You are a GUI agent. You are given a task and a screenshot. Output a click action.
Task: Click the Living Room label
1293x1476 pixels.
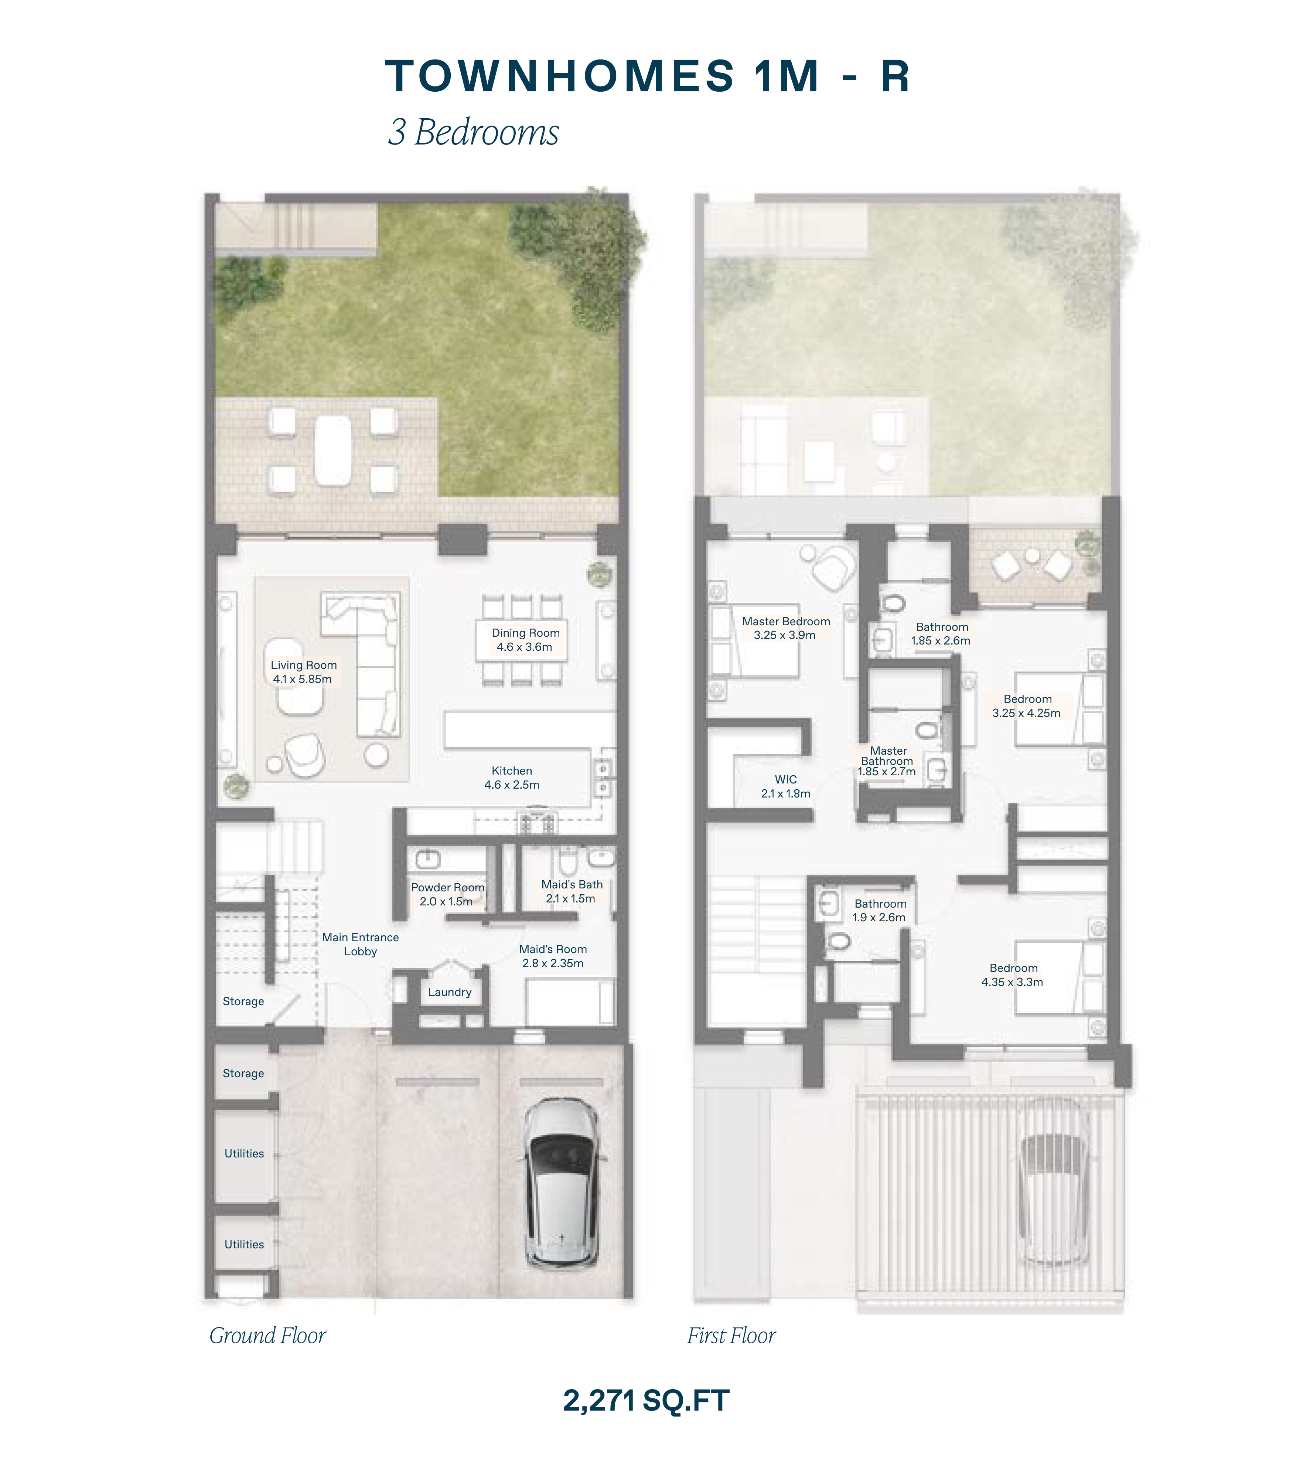tap(304, 665)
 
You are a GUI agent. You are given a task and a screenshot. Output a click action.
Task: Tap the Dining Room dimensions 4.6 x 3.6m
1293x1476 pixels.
tap(525, 647)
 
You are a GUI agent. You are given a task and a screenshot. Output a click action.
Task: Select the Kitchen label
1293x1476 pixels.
tap(512, 771)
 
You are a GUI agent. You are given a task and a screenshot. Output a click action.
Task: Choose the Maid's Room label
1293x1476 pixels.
tap(553, 949)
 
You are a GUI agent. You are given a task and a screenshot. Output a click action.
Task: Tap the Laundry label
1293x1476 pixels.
tap(450, 992)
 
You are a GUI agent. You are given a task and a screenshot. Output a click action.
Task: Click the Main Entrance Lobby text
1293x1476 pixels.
tap(360, 944)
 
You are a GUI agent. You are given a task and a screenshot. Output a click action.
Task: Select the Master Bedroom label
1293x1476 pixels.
tap(786, 622)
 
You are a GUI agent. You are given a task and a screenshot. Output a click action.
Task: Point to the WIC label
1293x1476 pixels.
tap(786, 779)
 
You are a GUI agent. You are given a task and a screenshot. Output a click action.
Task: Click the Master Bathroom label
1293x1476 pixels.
tap(887, 756)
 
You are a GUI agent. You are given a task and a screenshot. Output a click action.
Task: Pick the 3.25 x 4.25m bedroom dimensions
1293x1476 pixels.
tap(1026, 713)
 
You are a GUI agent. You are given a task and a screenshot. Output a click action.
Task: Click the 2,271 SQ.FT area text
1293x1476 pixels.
tap(646, 1401)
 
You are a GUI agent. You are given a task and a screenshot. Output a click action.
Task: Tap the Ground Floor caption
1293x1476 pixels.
tap(268, 1336)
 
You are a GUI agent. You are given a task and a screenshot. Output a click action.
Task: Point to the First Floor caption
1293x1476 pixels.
tap(731, 1336)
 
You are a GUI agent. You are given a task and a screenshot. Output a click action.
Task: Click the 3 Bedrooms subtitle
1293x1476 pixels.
tap(473, 132)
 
